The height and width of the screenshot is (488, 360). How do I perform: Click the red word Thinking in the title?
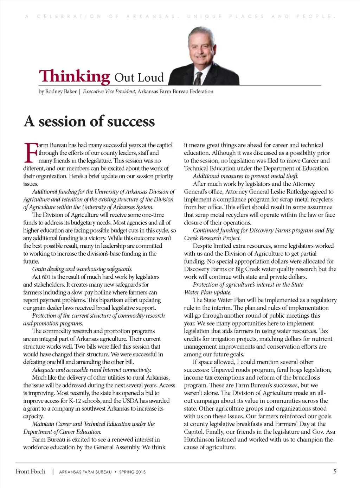coord(75,76)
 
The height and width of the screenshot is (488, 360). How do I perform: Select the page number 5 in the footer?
coord(335,471)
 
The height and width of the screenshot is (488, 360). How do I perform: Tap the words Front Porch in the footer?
coord(31,471)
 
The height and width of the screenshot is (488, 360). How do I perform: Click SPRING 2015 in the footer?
coord(132,472)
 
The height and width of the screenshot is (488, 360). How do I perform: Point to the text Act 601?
coord(41,277)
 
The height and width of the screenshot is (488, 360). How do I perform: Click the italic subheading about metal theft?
coord(245,176)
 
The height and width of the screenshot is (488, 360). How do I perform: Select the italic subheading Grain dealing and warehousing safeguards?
coord(82,269)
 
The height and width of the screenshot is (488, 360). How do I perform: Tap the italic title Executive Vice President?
coord(109,91)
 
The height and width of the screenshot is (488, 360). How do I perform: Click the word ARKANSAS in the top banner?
coord(151,17)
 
